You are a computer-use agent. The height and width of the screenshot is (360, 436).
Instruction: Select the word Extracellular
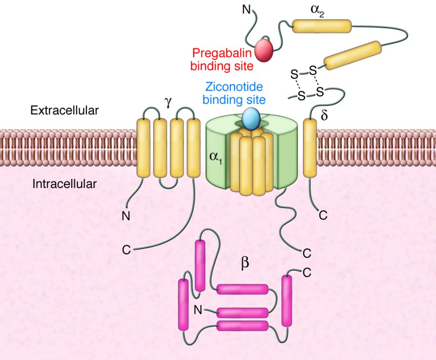[x=64, y=111]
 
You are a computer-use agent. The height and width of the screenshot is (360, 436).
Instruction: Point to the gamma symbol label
[x=168, y=103]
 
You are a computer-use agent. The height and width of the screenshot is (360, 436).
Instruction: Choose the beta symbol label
[x=245, y=263]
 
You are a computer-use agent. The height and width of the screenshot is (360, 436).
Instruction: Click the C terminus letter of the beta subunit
[x=307, y=272]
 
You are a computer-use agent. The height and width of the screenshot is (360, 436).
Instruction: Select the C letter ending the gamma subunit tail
[x=126, y=249]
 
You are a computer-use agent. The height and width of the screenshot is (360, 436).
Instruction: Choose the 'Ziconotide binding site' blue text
[x=234, y=93]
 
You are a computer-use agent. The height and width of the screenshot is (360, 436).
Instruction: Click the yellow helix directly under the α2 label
[x=321, y=26]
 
